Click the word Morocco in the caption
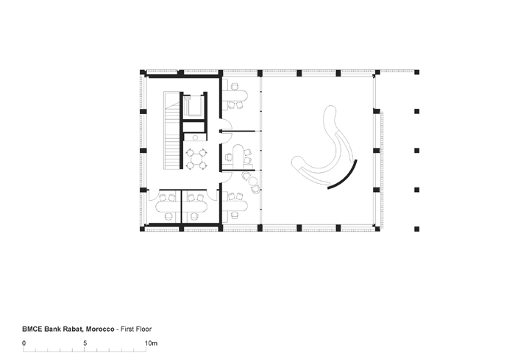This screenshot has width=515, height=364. pyautogui.click(x=100, y=329)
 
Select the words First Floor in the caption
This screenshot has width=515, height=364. pyautogui.click(x=136, y=329)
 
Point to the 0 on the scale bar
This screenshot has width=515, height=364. pyautogui.click(x=24, y=343)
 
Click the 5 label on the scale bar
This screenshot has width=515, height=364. pyautogui.click(x=85, y=343)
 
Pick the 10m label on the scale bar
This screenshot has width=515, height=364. pyautogui.click(x=151, y=343)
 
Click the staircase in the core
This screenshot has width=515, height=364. pyautogui.click(x=171, y=131)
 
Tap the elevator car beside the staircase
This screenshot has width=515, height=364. pyautogui.click(x=193, y=106)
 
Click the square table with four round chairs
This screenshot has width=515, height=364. pyautogui.click(x=196, y=159)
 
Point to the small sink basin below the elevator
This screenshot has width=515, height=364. pyautogui.click(x=195, y=138)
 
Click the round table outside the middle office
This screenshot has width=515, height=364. pyautogui.click(x=253, y=181)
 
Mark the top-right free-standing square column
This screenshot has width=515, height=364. pyautogui.click(x=417, y=72)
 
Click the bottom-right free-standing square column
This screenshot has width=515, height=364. pyautogui.click(x=417, y=229)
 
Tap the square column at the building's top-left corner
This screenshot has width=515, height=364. pyautogui.click(x=143, y=72)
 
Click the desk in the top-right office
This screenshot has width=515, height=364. pyautogui.click(x=235, y=96)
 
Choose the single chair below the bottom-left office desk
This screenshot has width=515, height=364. pyautogui.click(x=168, y=216)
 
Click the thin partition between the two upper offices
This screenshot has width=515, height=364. pyautogui.click(x=238, y=132)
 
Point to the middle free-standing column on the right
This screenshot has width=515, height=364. pyautogui.click(x=417, y=151)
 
